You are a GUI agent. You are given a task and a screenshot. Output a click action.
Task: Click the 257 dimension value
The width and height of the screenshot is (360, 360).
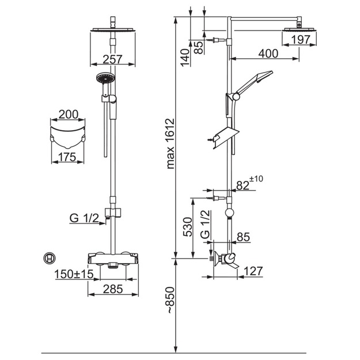112,59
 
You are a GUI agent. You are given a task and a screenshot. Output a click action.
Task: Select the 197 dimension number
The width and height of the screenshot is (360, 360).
301,40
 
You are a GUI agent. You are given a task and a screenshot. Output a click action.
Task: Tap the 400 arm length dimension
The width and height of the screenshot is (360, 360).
268,54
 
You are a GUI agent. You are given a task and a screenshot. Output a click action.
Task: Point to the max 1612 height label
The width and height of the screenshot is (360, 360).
170,144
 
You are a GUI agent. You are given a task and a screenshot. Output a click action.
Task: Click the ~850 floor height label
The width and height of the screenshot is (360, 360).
170,300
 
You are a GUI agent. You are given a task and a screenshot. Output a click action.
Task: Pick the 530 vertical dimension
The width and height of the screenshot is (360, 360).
188,227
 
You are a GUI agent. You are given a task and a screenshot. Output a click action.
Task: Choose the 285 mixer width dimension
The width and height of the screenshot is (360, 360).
113,289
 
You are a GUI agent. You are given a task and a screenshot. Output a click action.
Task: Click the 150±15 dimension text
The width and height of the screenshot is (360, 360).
74,274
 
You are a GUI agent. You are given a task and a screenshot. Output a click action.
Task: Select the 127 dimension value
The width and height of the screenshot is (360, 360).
253,271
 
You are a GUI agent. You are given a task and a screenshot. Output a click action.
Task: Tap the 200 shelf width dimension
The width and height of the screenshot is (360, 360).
69,115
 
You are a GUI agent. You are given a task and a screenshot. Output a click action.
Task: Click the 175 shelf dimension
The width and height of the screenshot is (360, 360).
67,157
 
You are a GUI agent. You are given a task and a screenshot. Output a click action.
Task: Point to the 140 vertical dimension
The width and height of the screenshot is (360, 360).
185,58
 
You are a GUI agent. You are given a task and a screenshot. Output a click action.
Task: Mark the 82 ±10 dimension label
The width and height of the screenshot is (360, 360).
249,183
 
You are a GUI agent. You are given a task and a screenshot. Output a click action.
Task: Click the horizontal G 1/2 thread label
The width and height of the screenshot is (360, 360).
84,218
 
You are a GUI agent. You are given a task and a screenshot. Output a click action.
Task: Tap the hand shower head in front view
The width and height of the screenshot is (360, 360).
105,78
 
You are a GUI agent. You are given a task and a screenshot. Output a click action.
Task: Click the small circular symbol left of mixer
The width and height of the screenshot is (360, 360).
50,259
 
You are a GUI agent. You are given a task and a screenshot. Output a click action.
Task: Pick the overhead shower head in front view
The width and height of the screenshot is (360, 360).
113,30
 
